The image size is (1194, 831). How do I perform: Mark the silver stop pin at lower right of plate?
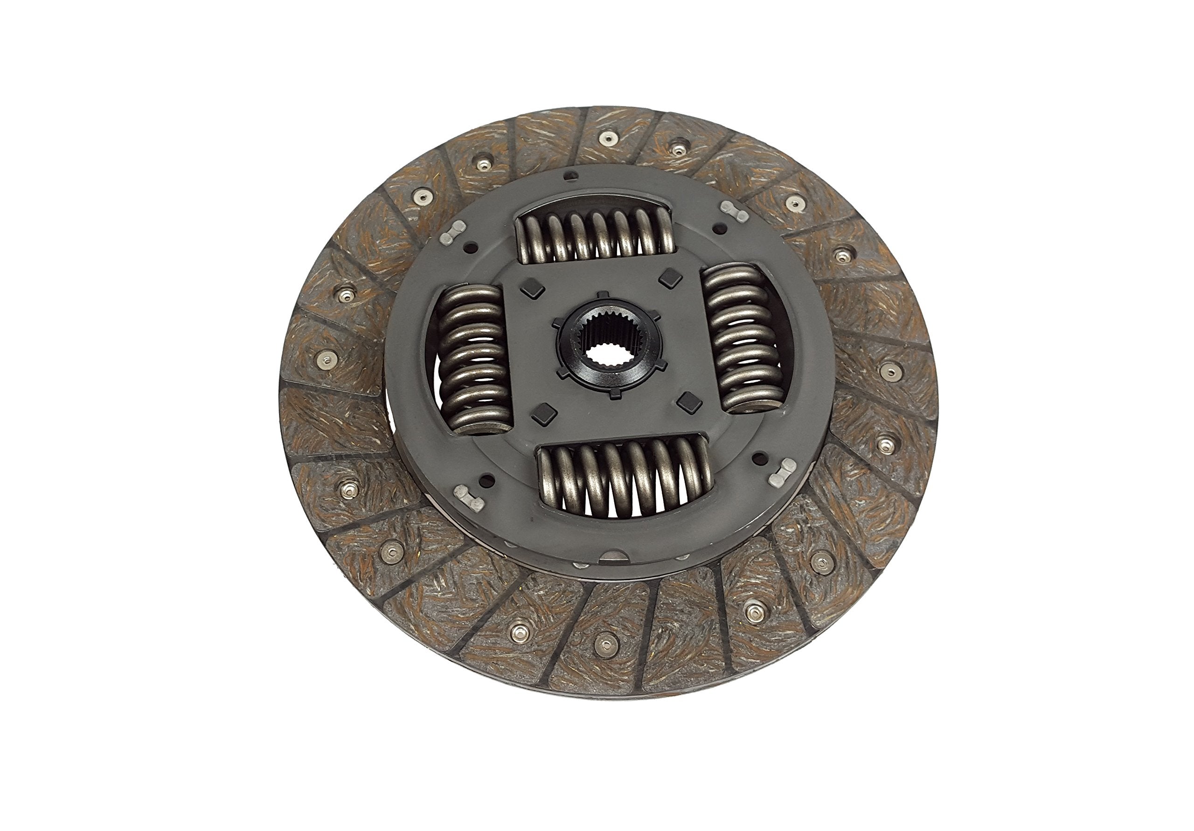pos(782,471)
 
